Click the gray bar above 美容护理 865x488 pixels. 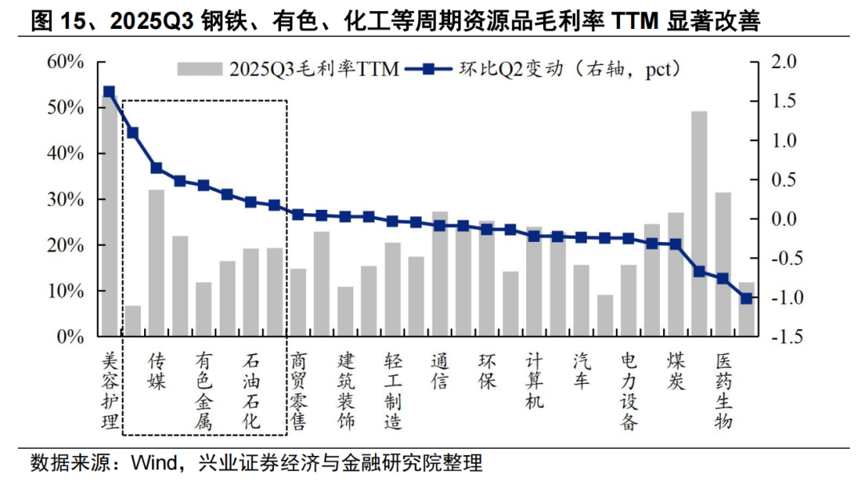(x=109, y=216)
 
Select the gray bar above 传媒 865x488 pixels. (x=156, y=263)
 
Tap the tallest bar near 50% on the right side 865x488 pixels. (x=698, y=224)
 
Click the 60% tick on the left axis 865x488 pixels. (x=66, y=62)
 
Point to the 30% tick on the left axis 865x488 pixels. (x=66, y=200)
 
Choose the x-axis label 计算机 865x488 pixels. (x=534, y=381)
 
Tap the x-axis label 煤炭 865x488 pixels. (x=676, y=371)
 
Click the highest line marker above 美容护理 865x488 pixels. (x=109, y=92)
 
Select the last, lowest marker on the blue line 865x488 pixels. (x=746, y=298)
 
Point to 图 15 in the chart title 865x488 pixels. (x=61, y=22)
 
